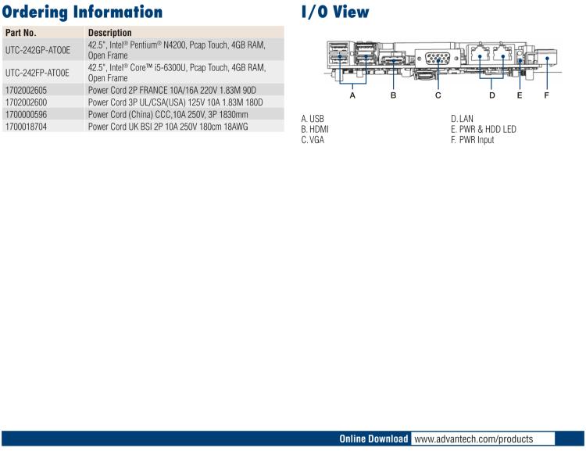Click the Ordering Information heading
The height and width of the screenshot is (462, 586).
(x=82, y=12)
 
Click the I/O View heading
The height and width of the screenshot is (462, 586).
(x=335, y=12)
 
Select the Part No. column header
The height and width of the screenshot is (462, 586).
(x=21, y=33)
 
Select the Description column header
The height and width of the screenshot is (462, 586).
(x=110, y=33)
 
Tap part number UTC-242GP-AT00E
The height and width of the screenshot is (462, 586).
(x=38, y=51)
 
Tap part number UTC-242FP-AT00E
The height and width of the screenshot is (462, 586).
(x=38, y=73)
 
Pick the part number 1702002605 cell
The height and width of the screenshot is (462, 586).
(x=27, y=91)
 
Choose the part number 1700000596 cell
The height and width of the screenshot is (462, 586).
(x=27, y=114)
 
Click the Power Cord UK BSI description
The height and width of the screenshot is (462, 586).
(x=168, y=126)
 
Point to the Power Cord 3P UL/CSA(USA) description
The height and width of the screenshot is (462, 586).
(x=176, y=102)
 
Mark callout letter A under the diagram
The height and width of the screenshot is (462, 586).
(x=352, y=95)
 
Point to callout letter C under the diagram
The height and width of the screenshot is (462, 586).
(x=438, y=95)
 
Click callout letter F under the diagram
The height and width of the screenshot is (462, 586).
(x=546, y=95)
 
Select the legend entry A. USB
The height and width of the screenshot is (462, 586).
(x=313, y=119)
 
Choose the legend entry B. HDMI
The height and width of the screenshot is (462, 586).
(x=315, y=129)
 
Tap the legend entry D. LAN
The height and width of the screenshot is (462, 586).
(x=462, y=119)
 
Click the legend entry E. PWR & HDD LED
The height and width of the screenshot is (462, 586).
(x=483, y=129)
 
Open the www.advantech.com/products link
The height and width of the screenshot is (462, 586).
(x=473, y=439)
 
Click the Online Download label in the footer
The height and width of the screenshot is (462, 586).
(x=373, y=439)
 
